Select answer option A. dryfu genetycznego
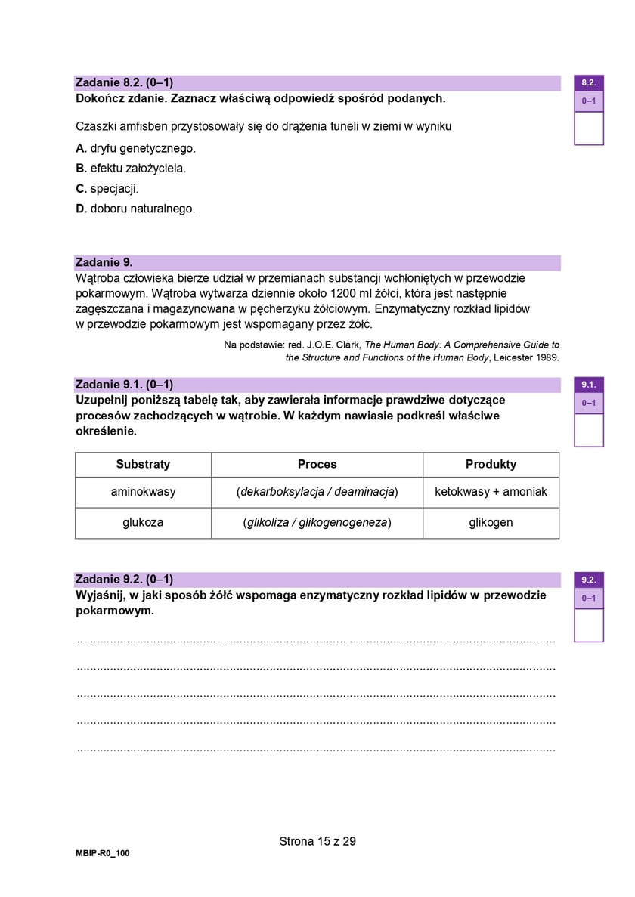point(136,148)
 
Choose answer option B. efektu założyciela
point(131,169)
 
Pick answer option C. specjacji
point(107,189)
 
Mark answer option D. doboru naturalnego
point(135,209)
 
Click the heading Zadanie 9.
point(104,262)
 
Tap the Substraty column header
point(143,464)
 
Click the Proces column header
point(317,464)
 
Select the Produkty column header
point(491,464)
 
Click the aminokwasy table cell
point(143,492)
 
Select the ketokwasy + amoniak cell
point(491,492)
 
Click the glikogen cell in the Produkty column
point(491,522)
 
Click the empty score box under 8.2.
point(589,128)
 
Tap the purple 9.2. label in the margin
point(589,580)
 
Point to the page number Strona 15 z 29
point(317,841)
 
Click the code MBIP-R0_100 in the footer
point(103,853)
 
